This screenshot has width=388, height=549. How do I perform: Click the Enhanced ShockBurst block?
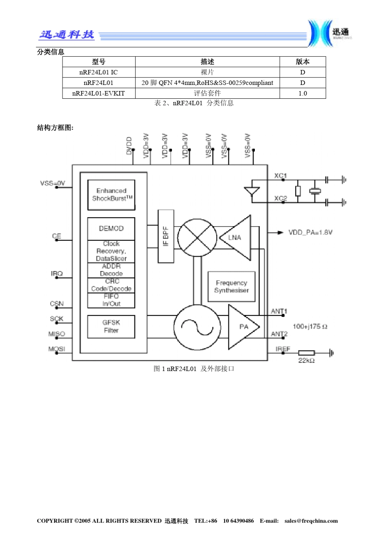111,195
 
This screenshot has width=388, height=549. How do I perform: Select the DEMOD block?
111,229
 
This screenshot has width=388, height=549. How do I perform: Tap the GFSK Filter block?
111,327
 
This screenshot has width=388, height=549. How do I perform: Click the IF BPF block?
166,236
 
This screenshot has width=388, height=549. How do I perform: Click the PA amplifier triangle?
243,327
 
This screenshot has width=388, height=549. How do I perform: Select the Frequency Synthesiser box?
232,287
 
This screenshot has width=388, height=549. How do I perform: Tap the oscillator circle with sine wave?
197,327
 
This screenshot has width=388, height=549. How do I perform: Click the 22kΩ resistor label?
306,360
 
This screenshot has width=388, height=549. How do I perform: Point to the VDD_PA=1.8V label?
310,232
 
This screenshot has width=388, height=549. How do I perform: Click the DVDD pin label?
129,146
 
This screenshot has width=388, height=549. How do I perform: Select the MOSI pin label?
57,349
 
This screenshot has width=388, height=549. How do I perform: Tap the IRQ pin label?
57,273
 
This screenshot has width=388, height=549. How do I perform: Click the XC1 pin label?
281,176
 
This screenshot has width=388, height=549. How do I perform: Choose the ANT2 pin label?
279,334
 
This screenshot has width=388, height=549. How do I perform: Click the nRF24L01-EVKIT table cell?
98,93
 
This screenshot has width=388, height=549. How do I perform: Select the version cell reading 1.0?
303,93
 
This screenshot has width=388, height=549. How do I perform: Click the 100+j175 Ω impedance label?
310,326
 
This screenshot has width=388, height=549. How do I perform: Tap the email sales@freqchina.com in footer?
311,521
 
